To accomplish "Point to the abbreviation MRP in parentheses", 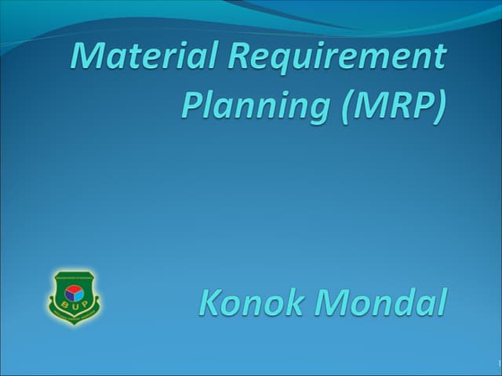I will coord(389,104).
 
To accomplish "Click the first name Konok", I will coord(253,302).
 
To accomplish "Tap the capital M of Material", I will coord(87,56).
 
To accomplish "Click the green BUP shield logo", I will coord(74,298).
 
